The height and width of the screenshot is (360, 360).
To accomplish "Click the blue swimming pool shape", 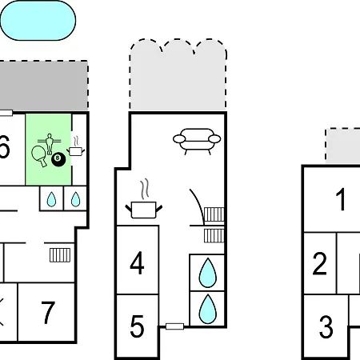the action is pyautogui.click(x=38, y=21).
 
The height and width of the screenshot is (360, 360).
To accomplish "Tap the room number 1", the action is pyautogui.click(x=341, y=199).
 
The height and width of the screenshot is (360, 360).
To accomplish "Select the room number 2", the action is pyautogui.click(x=319, y=263).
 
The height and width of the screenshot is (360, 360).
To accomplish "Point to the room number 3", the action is pyautogui.click(x=326, y=326).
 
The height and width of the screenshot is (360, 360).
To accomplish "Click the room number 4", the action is pyautogui.click(x=137, y=263).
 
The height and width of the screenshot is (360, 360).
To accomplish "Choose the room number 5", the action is pyautogui.click(x=137, y=326).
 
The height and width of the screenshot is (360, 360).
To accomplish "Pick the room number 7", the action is pyautogui.click(x=48, y=313).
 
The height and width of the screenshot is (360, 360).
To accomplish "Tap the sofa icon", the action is pyautogui.click(x=197, y=142).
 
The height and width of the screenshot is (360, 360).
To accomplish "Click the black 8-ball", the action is pyautogui.click(x=58, y=159).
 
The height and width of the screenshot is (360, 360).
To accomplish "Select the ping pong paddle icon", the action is pyautogui.click(x=39, y=155).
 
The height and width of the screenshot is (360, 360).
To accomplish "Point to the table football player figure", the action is pyautogui.click(x=49, y=144).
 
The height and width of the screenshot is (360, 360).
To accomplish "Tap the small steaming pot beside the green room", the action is pyautogui.click(x=76, y=146).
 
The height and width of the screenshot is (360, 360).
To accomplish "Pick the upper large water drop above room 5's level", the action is pyautogui.click(x=207, y=273).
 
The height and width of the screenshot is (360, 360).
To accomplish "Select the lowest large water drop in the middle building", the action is pyautogui.click(x=207, y=310).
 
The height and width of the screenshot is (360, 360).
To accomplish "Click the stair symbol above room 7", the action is pyautogui.click(x=60, y=255).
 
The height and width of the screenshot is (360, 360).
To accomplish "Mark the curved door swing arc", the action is pyautogui.click(x=199, y=206).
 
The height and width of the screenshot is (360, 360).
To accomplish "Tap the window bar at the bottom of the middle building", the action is pyautogui.click(x=174, y=326).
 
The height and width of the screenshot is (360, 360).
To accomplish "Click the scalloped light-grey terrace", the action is pyautogui.click(x=178, y=74).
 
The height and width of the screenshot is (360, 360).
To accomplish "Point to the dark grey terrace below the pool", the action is pyautogui.click(x=44, y=86).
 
